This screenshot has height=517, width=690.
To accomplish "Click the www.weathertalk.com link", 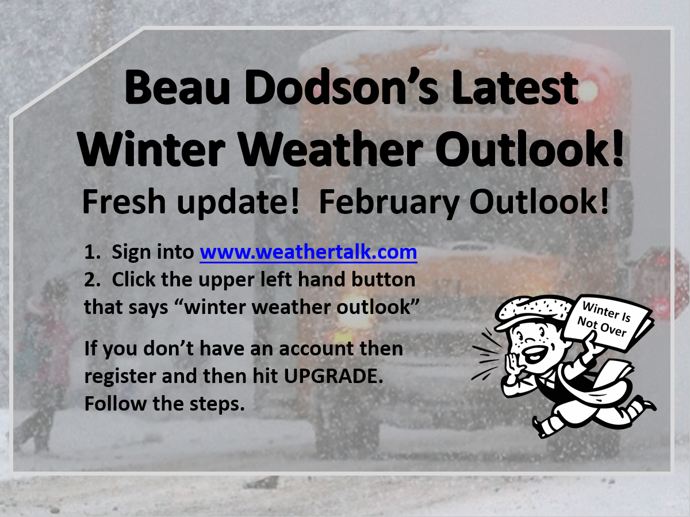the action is pyautogui.click(x=308, y=252).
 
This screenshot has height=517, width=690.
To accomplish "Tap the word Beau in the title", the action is pyautogui.click(x=178, y=87).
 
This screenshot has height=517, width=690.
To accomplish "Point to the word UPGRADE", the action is pyautogui.click(x=333, y=376).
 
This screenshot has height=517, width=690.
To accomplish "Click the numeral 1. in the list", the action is pyautogui.click(x=93, y=252).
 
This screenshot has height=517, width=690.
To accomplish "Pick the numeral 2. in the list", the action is pyautogui.click(x=93, y=279).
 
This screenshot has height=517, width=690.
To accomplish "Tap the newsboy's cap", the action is pyautogui.click(x=531, y=311).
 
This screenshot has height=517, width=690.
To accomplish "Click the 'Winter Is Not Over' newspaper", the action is pyautogui.click(x=605, y=320).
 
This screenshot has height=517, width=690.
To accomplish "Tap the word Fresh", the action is pyautogui.click(x=124, y=201).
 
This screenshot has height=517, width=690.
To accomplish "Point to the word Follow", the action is pyautogui.click(x=115, y=403).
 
